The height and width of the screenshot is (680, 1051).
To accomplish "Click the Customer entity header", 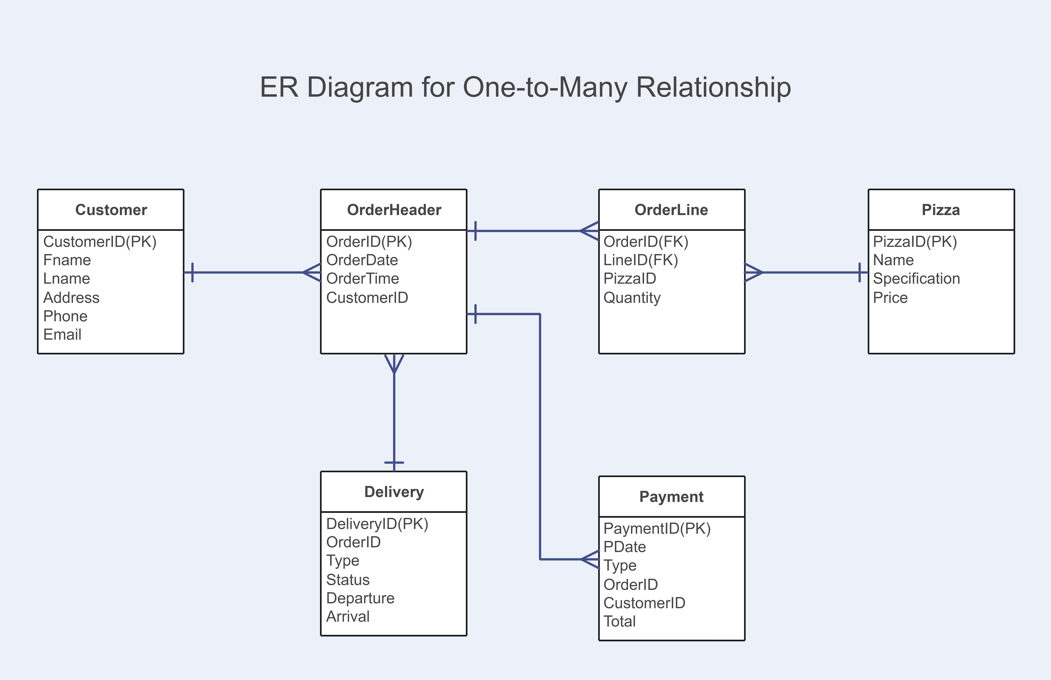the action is tap(111, 210).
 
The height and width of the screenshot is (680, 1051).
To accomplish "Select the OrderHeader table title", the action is tap(394, 210).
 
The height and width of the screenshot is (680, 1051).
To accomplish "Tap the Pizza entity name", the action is tap(941, 210).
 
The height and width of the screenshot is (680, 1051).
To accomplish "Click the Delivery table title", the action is tap(394, 492).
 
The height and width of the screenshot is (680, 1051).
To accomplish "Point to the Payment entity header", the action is tap(671, 497).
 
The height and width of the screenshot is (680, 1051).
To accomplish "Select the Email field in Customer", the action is tap(62, 335).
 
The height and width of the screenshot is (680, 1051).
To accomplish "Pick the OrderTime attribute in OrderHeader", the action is tap(363, 279).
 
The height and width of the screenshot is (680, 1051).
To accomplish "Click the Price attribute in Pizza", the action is tap(890, 298).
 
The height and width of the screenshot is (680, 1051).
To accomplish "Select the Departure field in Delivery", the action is tap(360, 598).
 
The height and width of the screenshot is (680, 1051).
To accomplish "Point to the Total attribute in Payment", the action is tap(620, 621).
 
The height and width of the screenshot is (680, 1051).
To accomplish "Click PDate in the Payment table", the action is tap(624, 547).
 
